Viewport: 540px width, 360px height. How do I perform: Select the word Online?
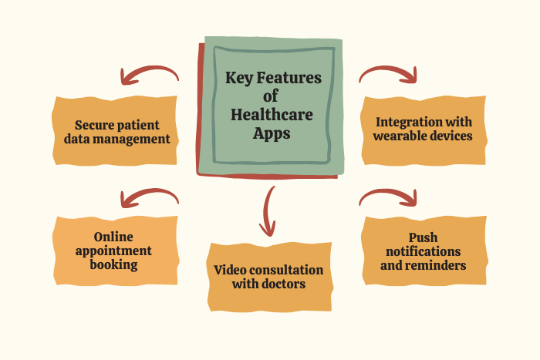pyautogui.click(x=115, y=236)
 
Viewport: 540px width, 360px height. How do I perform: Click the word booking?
pyautogui.click(x=115, y=264)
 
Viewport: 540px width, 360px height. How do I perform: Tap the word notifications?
pyautogui.click(x=424, y=251)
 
